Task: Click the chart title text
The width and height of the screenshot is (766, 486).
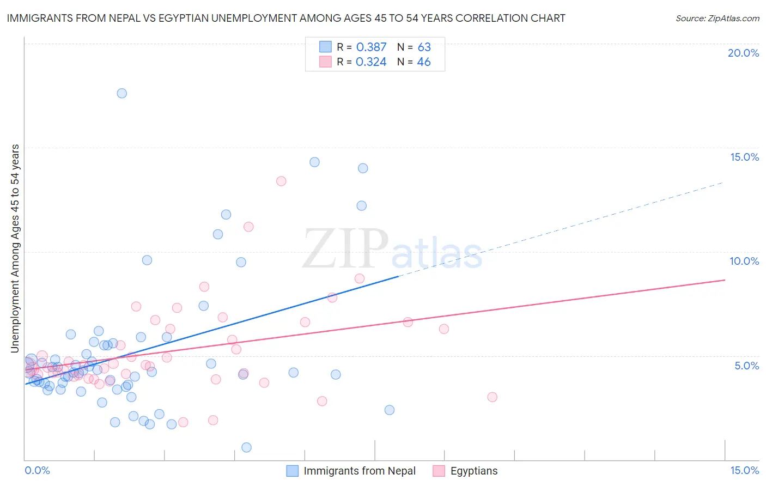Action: click(x=286, y=18)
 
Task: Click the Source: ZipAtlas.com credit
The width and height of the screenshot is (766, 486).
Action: click(x=717, y=18)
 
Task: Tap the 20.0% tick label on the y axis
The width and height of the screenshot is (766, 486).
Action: click(x=743, y=53)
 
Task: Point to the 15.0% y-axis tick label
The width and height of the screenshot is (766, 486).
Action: click(x=744, y=157)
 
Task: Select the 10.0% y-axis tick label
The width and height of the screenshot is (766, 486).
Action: click(x=744, y=261)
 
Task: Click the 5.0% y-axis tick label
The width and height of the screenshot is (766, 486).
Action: click(x=746, y=366)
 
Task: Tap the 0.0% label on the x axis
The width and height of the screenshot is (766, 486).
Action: click(x=37, y=470)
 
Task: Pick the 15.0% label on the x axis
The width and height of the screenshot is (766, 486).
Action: click(x=744, y=470)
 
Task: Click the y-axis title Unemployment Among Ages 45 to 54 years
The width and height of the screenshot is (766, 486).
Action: click(x=15, y=248)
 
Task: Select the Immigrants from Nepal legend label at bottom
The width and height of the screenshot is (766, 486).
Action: click(x=359, y=471)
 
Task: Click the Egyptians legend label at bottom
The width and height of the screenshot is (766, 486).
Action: click(x=474, y=471)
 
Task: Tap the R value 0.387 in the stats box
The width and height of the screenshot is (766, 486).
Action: click(x=371, y=47)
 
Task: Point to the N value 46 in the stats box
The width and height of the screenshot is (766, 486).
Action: click(x=424, y=62)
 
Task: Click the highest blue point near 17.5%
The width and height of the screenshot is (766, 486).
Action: click(x=122, y=93)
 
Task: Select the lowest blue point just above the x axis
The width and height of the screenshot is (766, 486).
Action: click(x=246, y=447)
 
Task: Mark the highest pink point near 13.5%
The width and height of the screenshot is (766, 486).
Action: click(x=281, y=181)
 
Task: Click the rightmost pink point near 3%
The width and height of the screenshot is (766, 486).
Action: click(x=493, y=397)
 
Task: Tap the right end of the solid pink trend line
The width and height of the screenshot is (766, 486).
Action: click(x=725, y=280)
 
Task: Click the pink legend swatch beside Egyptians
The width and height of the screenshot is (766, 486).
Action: click(x=439, y=471)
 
